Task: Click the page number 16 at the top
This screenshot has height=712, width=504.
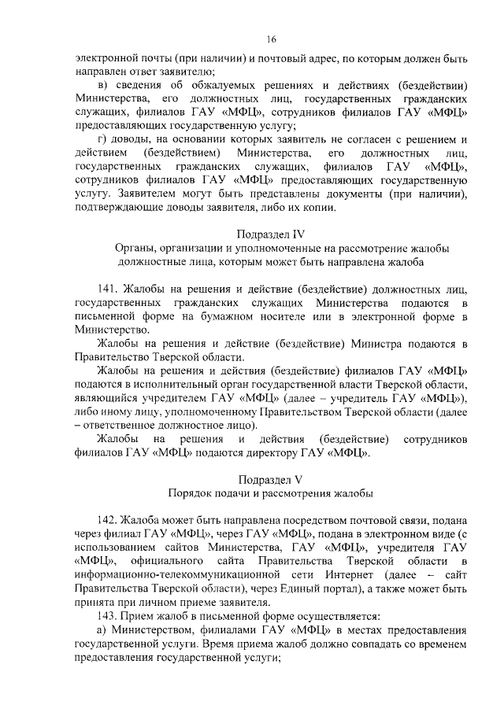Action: click(271, 39)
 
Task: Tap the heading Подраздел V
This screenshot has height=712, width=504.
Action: click(271, 478)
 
